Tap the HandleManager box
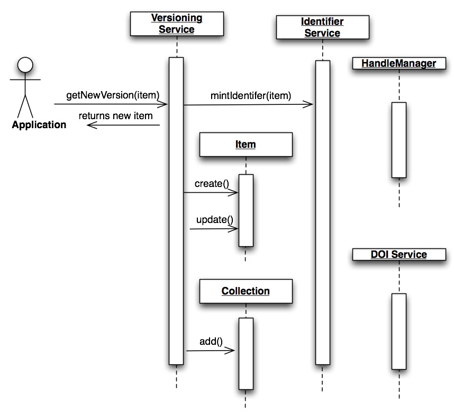pos(398,64)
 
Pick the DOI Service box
pos(398,255)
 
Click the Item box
pos(246,144)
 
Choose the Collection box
pos(246,291)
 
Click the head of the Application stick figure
pos(25,65)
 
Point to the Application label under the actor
pos(39,125)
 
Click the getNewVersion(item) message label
pos(113,95)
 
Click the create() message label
pos(212,184)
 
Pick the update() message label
pos(215,219)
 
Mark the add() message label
pos(210,341)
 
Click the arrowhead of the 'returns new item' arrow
pos(90,125)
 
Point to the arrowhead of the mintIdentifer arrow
pos(310,105)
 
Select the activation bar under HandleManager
pos(399,140)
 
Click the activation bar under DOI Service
pos(399,331)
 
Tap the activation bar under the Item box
pos(246,210)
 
